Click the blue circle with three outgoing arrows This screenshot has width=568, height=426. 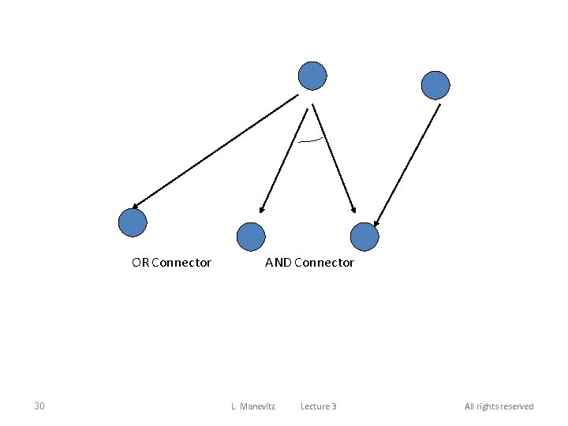312,77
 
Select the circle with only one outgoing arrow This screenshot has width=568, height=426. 435,84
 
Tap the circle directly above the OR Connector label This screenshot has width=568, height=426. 133,222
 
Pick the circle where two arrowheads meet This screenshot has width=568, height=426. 364,237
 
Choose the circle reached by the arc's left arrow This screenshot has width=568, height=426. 251,237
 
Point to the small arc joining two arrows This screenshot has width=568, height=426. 311,140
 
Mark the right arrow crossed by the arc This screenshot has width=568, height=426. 333,158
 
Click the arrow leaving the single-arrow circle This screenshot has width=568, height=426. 407,163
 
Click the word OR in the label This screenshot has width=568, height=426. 140,263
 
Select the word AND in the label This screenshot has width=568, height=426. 278,263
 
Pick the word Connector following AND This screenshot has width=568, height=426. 323,263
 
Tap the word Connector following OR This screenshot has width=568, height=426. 181,263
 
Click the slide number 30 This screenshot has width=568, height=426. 39,406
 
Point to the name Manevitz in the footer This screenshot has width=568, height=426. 256,406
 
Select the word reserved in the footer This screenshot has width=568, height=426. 518,406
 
